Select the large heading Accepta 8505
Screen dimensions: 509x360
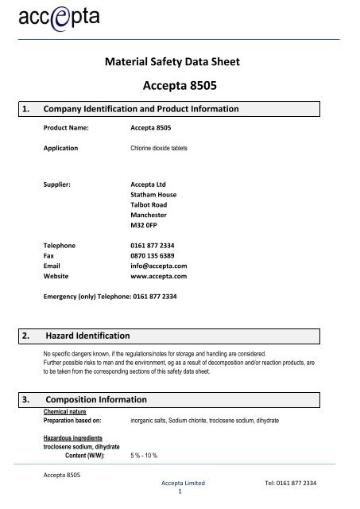point(180,86)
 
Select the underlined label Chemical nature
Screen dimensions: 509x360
point(66,411)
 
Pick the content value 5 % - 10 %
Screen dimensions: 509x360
point(146,457)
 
